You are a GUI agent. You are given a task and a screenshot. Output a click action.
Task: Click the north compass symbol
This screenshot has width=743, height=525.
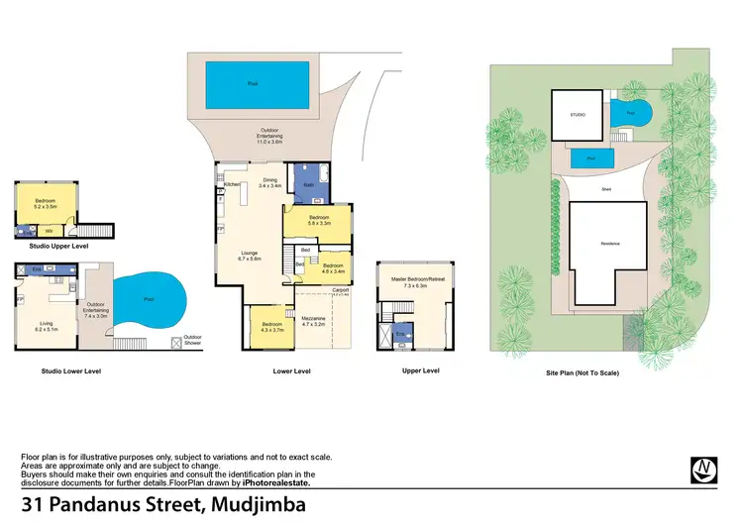coord(703,469)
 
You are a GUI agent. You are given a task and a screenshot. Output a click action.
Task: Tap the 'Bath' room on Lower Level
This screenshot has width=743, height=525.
coord(310,187)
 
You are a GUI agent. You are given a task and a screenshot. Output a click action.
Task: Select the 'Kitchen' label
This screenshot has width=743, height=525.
coord(232,184)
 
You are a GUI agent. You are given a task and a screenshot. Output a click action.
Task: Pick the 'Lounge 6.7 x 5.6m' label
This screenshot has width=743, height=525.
coord(249,256)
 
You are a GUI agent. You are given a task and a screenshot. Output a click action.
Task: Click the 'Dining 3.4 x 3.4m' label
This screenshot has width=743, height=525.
coord(269,182)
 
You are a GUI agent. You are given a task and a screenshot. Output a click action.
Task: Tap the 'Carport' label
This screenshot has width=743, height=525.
coord(340,289)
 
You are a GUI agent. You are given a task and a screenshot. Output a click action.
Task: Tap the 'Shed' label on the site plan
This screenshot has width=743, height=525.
coord(605,188)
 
